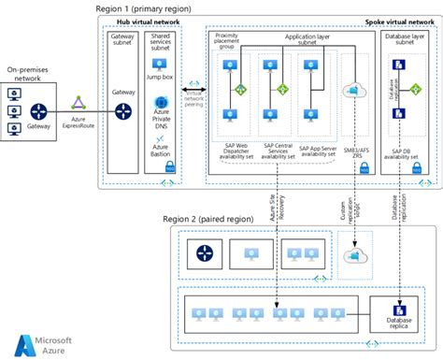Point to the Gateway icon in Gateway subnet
click(123, 111)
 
